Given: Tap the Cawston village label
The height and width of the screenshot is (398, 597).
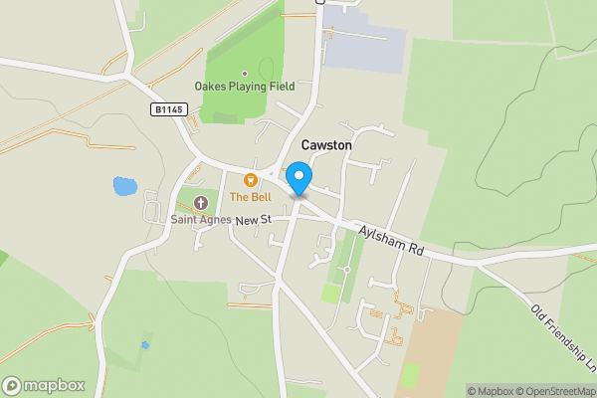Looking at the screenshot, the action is (326, 145).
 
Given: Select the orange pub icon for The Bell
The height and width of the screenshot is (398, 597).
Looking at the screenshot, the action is (250, 180).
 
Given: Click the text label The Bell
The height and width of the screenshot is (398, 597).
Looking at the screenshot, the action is (250, 197).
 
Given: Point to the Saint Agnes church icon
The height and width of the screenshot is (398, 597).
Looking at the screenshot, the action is (201, 203).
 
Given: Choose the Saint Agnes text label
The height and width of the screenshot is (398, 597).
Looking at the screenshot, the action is (199, 219).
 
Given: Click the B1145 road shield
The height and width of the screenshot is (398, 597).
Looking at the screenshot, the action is (171, 109).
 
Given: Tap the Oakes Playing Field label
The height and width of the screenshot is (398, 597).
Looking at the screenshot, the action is (245, 87).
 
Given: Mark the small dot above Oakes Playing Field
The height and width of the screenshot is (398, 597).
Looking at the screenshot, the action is (245, 73).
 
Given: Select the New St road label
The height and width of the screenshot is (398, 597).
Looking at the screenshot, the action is (254, 220).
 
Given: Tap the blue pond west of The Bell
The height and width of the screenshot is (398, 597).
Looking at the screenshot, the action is (124, 186).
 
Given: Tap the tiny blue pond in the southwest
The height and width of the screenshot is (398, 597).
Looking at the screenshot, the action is (145, 344).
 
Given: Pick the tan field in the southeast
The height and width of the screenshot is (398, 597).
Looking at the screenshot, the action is (428, 348).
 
